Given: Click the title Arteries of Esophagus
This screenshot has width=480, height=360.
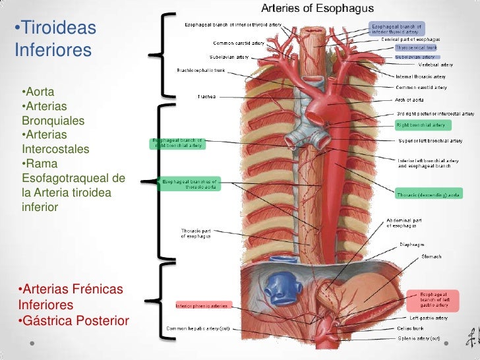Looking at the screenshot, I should tap(318, 9).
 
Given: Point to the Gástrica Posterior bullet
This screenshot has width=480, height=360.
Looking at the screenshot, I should tap(73, 321).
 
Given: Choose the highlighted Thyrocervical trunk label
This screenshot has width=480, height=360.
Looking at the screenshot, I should tap(417, 48).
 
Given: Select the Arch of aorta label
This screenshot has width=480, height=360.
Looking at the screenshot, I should tap(410, 100).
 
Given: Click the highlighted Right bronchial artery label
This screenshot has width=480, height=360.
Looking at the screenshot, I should tap(420, 125).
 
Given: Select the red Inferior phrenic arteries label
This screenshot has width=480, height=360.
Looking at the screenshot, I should tap(202, 306).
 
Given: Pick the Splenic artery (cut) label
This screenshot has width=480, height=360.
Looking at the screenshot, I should tap(418, 340).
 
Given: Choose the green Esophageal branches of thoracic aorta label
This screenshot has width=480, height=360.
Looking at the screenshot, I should tap(189, 183).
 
